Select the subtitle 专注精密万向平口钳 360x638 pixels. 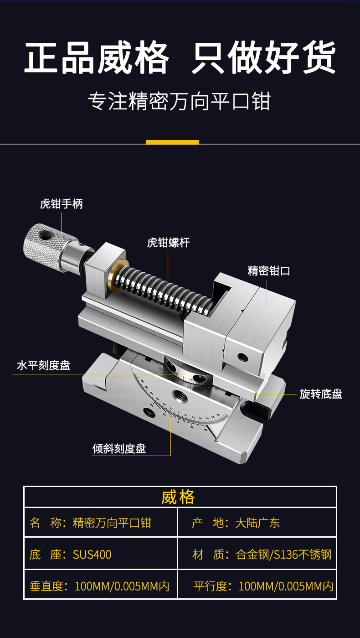point(179,101)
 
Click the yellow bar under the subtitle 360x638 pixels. point(172,142)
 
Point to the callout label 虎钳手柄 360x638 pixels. point(62,204)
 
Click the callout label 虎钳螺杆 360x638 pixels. point(169,243)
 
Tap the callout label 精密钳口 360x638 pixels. point(269,270)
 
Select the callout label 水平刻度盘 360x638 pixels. point(44,365)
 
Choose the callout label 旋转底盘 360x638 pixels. point(321,394)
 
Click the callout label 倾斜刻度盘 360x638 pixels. point(119,449)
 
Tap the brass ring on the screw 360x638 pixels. point(116,276)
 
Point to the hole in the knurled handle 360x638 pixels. point(45,235)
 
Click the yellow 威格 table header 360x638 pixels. point(178,497)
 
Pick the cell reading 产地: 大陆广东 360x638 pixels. point(257,523)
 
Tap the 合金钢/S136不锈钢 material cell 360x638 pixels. point(257,554)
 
